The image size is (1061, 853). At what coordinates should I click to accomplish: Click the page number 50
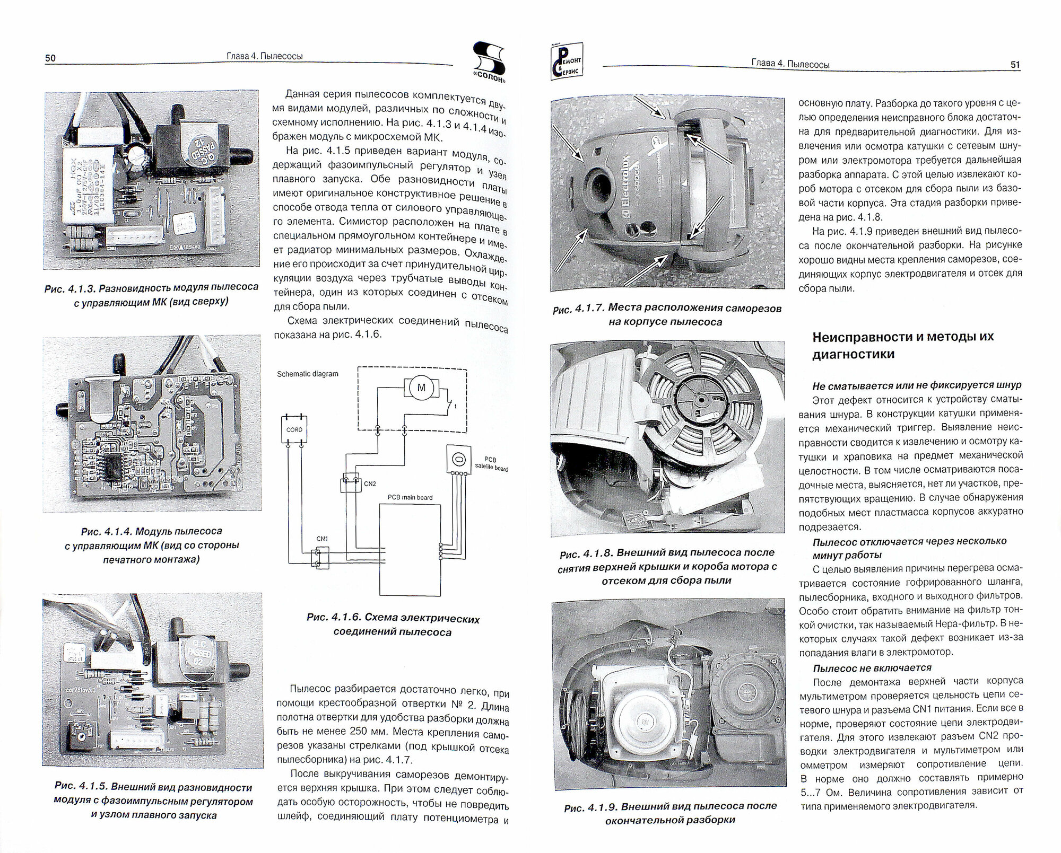coord(50,58)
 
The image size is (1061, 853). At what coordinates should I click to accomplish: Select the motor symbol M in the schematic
coord(422,388)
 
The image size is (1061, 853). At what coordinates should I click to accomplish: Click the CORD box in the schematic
coord(294,429)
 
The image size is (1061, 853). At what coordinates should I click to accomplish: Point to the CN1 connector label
coord(322,539)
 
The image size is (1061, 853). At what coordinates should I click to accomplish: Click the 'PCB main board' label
coord(409,497)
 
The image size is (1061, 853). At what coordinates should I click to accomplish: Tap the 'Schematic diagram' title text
coord(307,374)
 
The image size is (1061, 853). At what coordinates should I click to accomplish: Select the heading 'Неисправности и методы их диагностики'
coord(902,345)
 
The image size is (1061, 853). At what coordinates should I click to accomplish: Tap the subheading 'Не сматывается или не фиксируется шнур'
coord(917,385)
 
